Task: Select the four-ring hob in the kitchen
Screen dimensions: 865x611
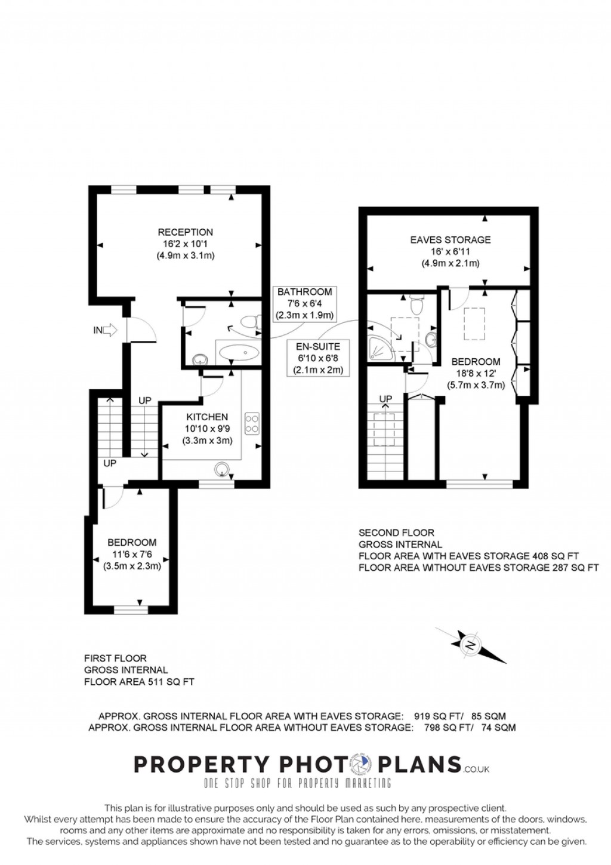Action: [x=252, y=423]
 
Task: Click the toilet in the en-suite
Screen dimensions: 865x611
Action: [x=418, y=306]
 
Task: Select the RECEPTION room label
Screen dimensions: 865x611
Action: [x=185, y=232]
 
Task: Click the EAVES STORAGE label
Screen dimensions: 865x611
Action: [x=450, y=240]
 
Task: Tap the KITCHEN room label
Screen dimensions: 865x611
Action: [x=207, y=417]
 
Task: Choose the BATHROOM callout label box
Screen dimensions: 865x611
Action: [x=304, y=303]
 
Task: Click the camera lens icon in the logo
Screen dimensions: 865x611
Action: [x=361, y=764]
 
